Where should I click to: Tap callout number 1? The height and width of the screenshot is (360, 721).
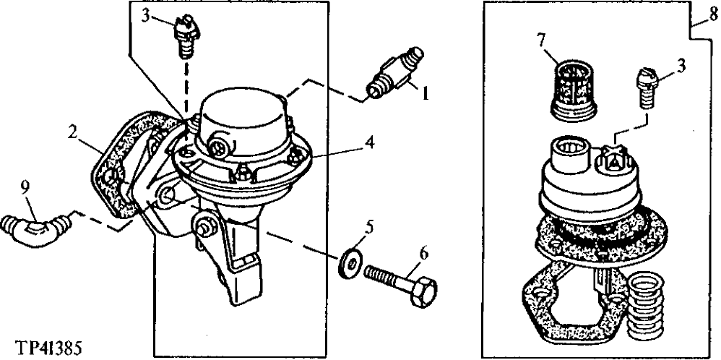click(426, 93)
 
